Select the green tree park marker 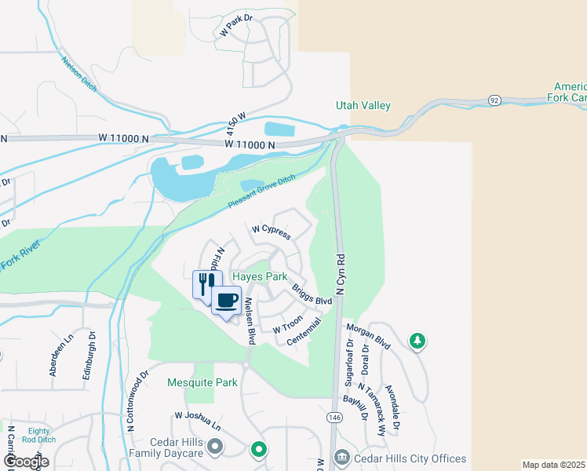click(x=418, y=340)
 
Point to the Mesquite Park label click(x=202, y=383)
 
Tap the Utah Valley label click(x=363, y=105)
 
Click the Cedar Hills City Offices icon click(x=341, y=457)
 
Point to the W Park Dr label click(x=238, y=28)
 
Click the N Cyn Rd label click(x=341, y=274)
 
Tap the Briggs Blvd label click(x=312, y=295)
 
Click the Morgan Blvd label click(x=368, y=336)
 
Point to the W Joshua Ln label click(x=198, y=421)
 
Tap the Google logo click(x=26, y=462)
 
